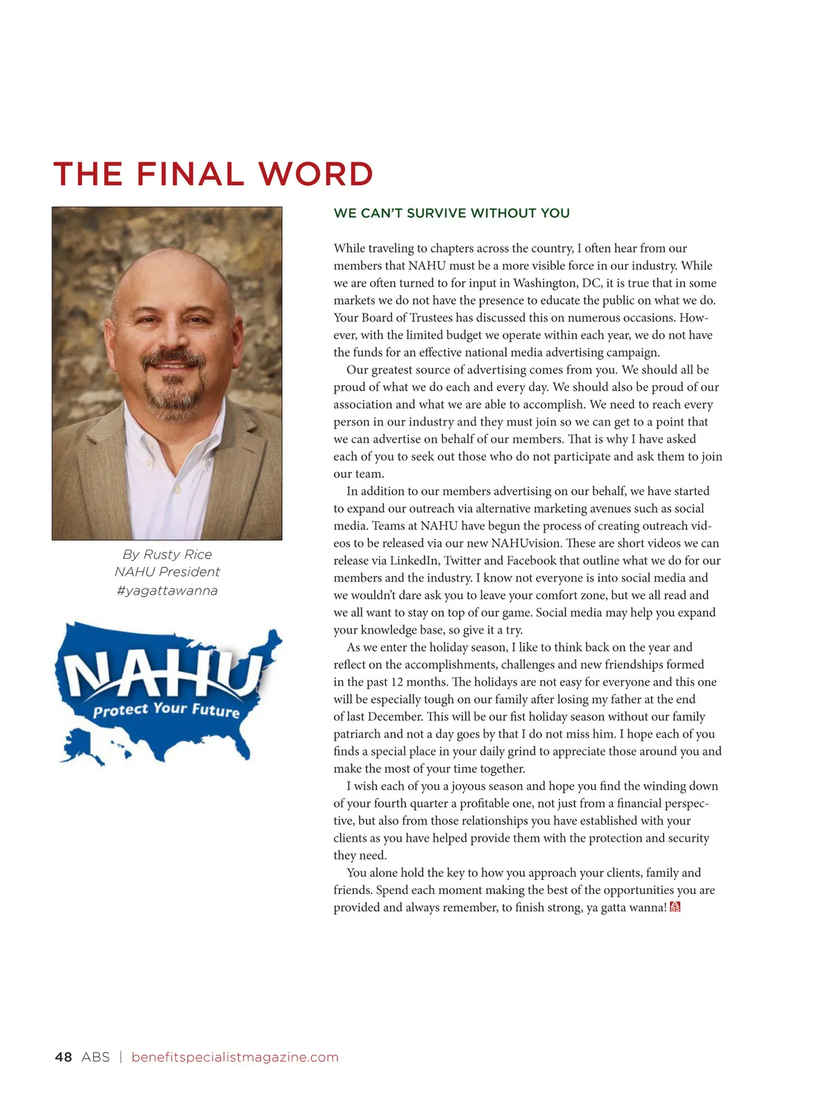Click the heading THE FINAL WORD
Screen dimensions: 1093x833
click(x=213, y=174)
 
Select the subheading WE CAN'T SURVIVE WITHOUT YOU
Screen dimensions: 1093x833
click(x=451, y=214)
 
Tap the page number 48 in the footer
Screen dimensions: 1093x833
click(x=63, y=1057)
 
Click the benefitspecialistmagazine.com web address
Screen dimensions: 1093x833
click(x=235, y=1057)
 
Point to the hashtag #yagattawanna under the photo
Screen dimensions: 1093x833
click(x=167, y=591)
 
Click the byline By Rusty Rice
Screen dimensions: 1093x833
click(x=167, y=554)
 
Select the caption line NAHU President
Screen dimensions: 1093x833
click(x=167, y=572)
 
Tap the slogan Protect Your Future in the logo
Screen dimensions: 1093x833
click(x=166, y=709)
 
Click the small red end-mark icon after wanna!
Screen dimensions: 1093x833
click(x=675, y=907)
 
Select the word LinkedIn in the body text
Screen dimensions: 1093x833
click(x=413, y=561)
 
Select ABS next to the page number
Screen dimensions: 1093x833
click(x=96, y=1057)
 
